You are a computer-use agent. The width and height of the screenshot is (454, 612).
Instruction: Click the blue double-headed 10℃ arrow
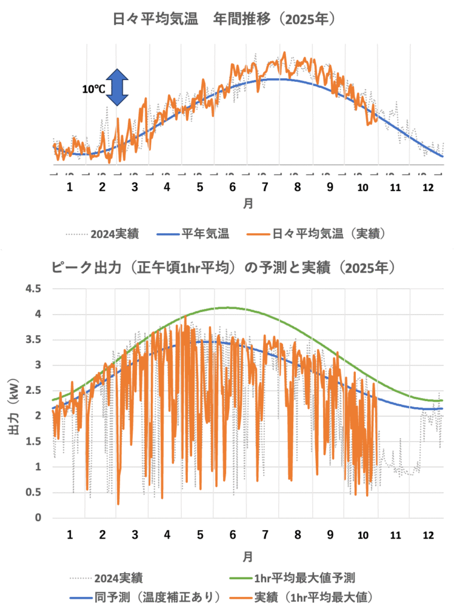click(x=118, y=86)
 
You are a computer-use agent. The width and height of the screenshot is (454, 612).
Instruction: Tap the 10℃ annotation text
click(x=94, y=88)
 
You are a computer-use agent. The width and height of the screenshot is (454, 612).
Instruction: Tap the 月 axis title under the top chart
click(x=248, y=204)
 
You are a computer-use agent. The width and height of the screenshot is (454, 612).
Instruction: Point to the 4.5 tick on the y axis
click(x=33, y=289)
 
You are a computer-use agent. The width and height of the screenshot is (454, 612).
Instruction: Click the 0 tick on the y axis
click(x=37, y=518)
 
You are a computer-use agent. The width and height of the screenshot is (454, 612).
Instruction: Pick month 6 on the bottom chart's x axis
click(x=231, y=534)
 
